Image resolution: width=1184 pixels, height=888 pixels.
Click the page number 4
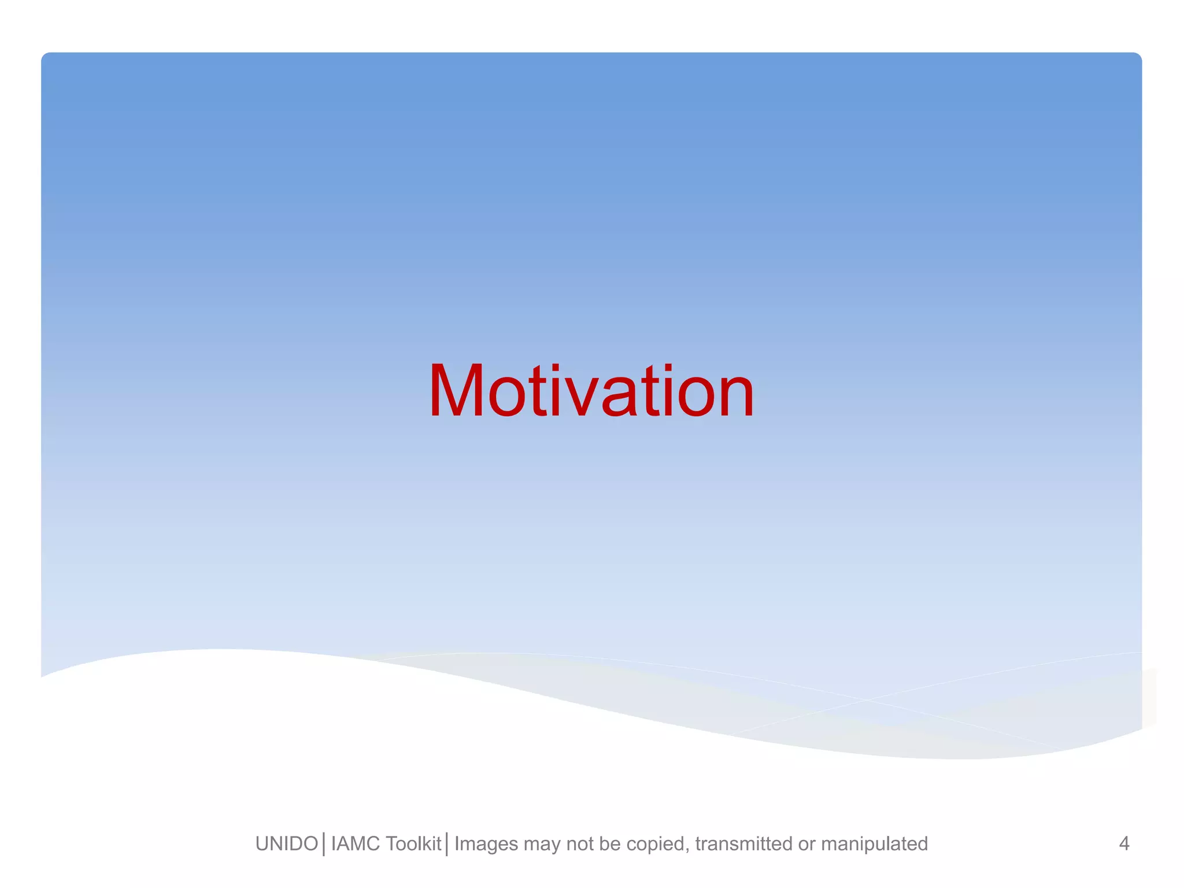1124,843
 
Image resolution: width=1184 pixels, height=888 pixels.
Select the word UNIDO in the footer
287,844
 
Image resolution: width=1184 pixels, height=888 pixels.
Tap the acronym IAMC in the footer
355,844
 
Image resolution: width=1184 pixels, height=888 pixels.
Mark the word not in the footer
580,844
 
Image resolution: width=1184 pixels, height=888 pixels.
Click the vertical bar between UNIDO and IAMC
324,844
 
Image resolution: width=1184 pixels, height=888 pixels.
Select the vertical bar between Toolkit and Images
447,844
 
